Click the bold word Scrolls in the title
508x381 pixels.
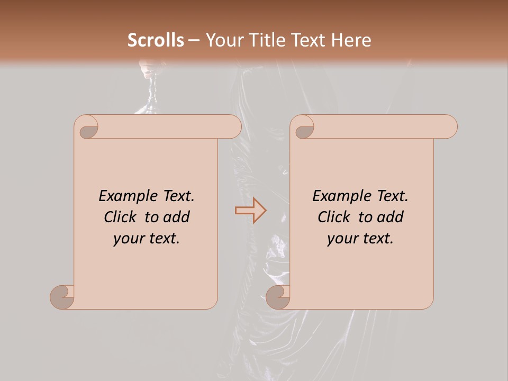point(156,40)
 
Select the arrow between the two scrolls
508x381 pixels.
point(250,211)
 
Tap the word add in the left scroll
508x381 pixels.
point(176,217)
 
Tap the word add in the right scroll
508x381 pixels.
point(390,217)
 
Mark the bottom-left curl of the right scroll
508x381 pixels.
point(277,297)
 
